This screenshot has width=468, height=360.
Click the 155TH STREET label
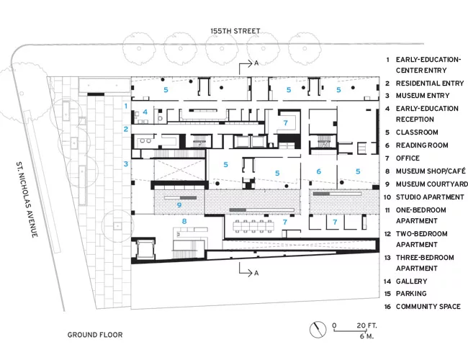point(235,31)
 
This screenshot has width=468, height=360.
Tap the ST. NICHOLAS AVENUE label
point(27,199)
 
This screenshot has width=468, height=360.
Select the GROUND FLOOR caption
point(95,335)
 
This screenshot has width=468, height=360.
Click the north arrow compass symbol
point(318,330)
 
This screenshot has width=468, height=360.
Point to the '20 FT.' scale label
point(366,325)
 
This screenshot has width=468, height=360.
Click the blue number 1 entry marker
point(126,106)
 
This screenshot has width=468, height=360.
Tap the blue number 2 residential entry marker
point(126,129)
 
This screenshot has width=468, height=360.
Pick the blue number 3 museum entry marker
point(126,163)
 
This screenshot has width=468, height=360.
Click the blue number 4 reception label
point(145,112)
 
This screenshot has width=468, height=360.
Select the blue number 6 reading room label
point(319,171)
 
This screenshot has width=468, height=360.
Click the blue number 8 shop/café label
point(184,221)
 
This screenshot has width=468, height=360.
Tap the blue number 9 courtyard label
point(179,204)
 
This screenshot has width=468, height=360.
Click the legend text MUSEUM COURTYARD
point(432,184)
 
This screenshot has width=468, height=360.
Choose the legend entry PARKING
point(411,294)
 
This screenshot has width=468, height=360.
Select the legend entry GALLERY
point(411,282)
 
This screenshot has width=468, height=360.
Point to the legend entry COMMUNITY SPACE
point(428,307)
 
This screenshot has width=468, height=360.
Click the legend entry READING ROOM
point(422,145)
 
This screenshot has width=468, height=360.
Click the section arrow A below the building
point(248,270)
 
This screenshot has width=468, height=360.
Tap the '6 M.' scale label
point(366,336)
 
